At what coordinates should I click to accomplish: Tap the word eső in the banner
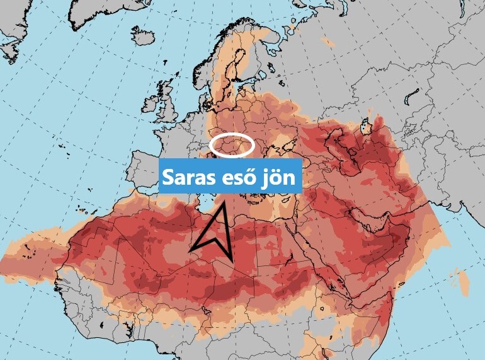[241, 178]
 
